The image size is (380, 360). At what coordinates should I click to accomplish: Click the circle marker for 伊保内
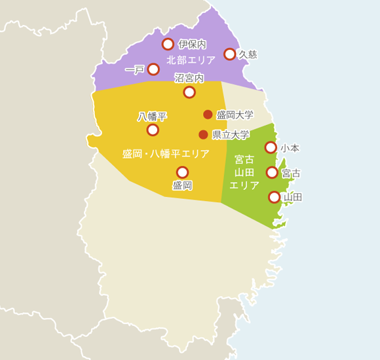point(168,45)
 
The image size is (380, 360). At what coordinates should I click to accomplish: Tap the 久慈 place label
point(248,54)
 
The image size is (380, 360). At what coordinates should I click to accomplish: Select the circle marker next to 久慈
point(230,54)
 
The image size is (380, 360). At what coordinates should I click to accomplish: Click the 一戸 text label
point(134,69)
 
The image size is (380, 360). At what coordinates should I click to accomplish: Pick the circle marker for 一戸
point(153,69)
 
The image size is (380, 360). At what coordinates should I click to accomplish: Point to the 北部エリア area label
point(191,60)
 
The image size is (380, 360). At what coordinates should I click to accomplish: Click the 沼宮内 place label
point(189,79)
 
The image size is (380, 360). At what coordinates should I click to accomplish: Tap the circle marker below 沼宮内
point(189,92)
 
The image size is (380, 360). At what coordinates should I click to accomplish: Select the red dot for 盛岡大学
point(208,115)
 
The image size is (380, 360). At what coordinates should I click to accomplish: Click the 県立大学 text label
point(231,135)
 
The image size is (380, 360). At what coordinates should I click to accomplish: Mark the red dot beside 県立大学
point(203,135)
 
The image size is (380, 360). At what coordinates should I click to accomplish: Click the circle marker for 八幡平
point(153,130)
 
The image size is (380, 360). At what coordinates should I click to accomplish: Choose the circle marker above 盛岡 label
point(182,172)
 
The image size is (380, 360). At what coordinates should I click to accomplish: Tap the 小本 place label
point(290,148)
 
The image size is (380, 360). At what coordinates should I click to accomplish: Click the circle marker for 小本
point(271,147)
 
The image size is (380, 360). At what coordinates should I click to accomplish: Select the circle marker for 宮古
point(272,173)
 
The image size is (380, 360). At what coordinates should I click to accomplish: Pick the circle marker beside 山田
point(275,197)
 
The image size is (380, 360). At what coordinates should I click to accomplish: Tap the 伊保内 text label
point(193,45)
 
